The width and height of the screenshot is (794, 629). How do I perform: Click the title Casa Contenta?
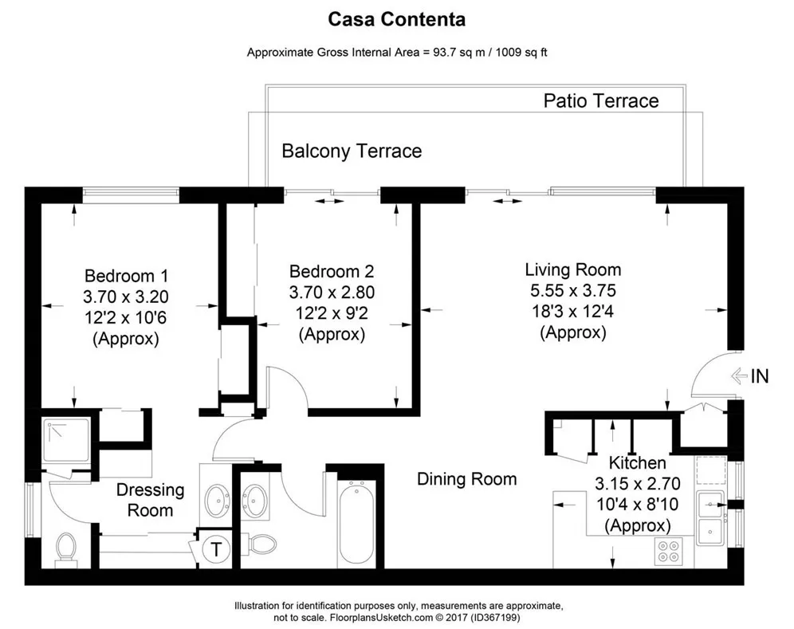click(396, 18)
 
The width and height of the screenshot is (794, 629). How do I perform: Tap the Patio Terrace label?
click(600, 100)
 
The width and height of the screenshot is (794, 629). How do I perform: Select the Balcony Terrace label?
click(352, 151)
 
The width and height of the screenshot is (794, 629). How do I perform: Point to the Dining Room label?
click(466, 479)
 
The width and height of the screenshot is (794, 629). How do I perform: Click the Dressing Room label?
click(150, 500)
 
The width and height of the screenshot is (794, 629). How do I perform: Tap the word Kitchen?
click(637, 463)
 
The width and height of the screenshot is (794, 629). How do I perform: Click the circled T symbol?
click(216, 548)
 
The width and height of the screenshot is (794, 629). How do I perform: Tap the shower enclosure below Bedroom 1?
click(65, 441)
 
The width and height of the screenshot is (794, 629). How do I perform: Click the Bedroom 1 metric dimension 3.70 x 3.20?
click(126, 297)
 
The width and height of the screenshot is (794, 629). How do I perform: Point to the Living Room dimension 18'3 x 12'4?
click(572, 312)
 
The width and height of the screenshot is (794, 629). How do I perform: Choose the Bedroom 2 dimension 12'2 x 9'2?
click(332, 313)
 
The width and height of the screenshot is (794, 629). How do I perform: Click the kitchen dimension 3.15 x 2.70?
click(636, 484)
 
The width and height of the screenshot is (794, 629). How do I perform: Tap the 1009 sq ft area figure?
click(517, 53)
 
